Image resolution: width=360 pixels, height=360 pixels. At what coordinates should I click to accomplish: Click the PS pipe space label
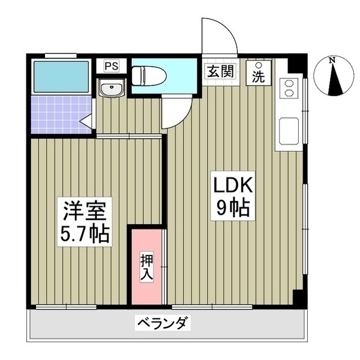(x=111, y=66)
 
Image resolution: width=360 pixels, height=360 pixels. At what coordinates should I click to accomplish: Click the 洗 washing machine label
(x=258, y=77)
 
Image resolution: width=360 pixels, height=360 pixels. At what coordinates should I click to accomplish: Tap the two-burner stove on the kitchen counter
(x=289, y=87)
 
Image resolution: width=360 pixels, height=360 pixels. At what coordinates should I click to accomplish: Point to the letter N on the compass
(x=332, y=60)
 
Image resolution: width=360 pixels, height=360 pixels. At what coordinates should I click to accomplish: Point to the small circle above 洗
(x=258, y=64)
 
